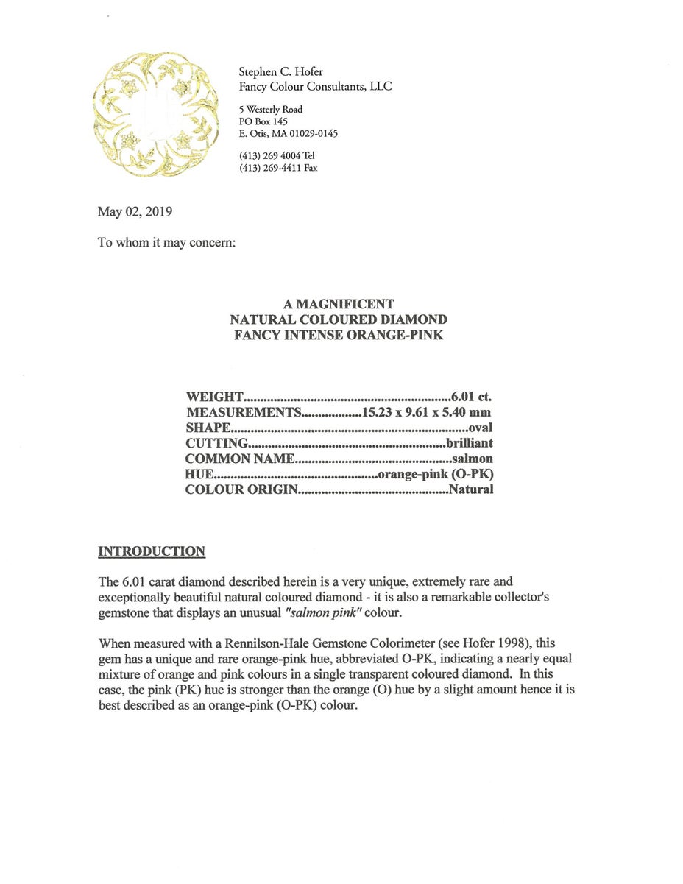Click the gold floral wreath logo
[156, 114]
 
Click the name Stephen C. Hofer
[280, 71]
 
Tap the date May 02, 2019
[135, 212]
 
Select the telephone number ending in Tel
[277, 155]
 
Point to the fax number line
[278, 168]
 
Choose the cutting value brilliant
[470, 443]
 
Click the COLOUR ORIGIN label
[241, 489]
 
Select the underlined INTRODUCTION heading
[152, 551]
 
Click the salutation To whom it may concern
[166, 242]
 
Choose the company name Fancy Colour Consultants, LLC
[315, 86]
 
